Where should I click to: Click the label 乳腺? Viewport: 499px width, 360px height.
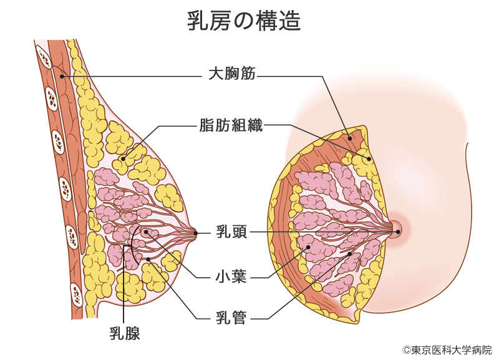click(125, 333)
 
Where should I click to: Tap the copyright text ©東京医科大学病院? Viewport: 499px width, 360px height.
click(447, 350)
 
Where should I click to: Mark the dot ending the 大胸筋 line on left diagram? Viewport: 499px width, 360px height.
click(62, 76)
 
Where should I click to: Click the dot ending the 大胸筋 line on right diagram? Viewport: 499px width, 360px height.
click(350, 138)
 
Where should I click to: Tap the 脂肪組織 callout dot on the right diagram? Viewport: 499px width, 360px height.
click(369, 158)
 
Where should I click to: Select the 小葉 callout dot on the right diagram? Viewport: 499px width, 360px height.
click(308, 248)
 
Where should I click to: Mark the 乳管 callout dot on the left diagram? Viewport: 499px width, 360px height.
click(148, 259)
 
